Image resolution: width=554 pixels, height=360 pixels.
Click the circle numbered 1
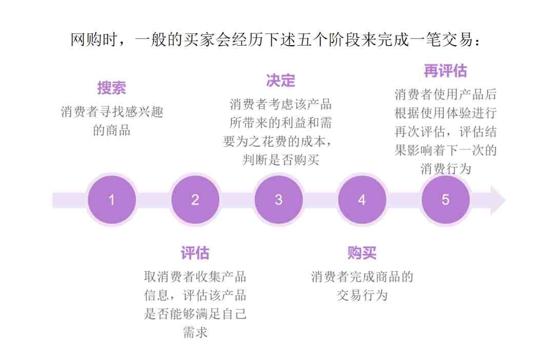point(112,200)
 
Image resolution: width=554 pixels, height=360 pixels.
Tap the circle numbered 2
point(195,200)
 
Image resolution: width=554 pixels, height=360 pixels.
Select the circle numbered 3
point(279,200)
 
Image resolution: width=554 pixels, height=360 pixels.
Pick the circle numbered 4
point(362,200)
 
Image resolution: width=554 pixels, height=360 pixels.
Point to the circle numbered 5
point(445,200)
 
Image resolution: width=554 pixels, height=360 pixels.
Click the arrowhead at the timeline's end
point(498,201)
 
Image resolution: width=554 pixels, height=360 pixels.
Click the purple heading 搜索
point(112,88)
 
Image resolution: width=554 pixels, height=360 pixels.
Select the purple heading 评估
point(195,253)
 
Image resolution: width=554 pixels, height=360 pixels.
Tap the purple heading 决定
point(281,81)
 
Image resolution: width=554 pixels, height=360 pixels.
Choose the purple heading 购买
point(362,253)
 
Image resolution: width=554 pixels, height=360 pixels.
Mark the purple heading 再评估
point(445,71)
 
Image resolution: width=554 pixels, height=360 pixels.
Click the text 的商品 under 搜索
point(112,130)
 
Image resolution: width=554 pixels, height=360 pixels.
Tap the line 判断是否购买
point(281,160)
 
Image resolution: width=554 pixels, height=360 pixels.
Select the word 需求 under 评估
point(195,332)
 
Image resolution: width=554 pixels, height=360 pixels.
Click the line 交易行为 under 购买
point(362,295)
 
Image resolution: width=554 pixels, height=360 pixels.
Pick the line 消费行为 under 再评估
point(446,169)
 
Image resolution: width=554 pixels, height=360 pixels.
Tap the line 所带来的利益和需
point(281,123)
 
